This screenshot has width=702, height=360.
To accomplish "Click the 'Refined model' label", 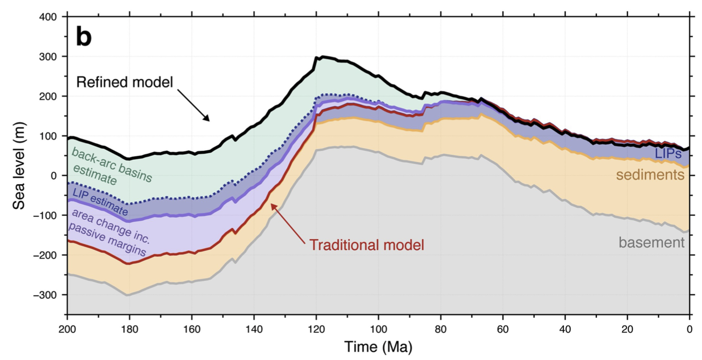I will click(124, 83).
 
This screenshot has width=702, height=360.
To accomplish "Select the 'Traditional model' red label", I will click(367, 245).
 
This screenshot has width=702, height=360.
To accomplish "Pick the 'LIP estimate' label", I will click(100, 202).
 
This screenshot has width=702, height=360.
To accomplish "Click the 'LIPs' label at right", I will click(669, 154).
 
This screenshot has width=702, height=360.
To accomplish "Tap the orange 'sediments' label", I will click(650, 175).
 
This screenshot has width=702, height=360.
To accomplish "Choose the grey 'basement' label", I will click(652, 242).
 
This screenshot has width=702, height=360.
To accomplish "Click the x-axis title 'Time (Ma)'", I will click(378, 346).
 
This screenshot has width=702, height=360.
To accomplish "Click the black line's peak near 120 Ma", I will click(323, 57).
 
